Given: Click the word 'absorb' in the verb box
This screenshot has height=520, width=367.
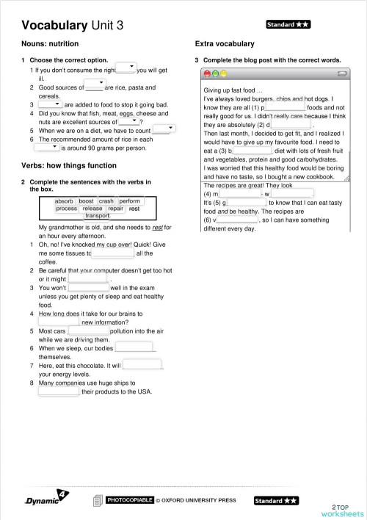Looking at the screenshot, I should point(65,201).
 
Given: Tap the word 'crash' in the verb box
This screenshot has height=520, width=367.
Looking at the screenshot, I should point(106,201).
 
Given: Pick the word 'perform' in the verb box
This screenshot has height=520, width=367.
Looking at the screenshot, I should point(130,201).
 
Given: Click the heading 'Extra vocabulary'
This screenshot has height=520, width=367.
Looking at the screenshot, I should point(225,44).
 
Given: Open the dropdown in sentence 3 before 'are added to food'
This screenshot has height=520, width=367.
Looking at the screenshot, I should point(51,104).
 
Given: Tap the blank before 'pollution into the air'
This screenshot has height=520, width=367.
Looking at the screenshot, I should point(88,331).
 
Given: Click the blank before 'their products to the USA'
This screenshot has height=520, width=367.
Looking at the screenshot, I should point(58,391).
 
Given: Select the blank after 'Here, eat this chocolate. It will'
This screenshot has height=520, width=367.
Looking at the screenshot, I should point(142,364).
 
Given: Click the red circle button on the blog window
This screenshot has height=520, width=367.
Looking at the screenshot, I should point(208,74).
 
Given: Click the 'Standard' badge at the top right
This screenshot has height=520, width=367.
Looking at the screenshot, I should point(288,24).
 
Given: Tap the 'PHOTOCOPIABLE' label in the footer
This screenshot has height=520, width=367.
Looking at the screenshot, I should point(130,500).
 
